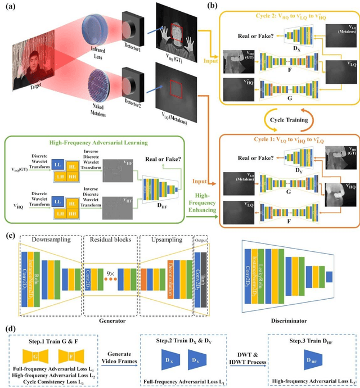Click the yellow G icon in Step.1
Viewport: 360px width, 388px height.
(x=36, y=355)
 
